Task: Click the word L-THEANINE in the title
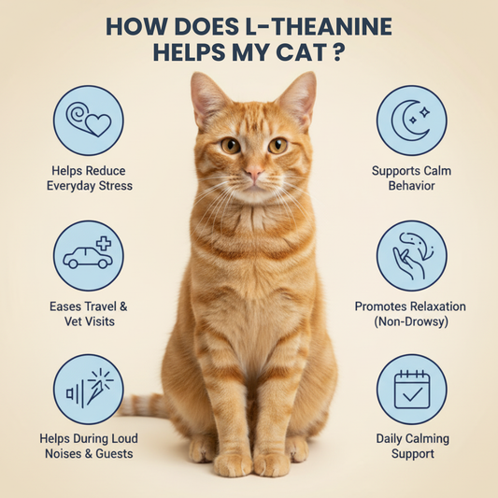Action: (x=319, y=26)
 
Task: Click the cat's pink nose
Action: (x=254, y=173)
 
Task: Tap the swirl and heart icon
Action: (x=89, y=120)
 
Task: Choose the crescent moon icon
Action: (x=411, y=120)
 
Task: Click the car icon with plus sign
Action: (x=88, y=253)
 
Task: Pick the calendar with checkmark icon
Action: (x=412, y=390)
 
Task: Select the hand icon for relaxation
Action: (x=412, y=256)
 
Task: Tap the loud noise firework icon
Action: (x=90, y=388)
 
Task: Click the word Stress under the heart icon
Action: (x=116, y=186)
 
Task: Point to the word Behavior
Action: (x=412, y=186)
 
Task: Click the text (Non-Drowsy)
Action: (x=411, y=321)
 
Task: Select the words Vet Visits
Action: (x=90, y=321)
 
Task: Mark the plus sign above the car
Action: (x=104, y=244)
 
